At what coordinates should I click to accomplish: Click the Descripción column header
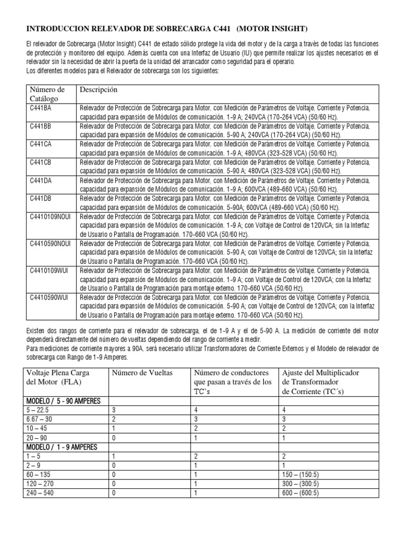[99, 90]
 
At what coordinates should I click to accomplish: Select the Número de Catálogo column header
[47, 94]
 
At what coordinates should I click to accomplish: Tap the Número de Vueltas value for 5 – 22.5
[113, 410]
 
